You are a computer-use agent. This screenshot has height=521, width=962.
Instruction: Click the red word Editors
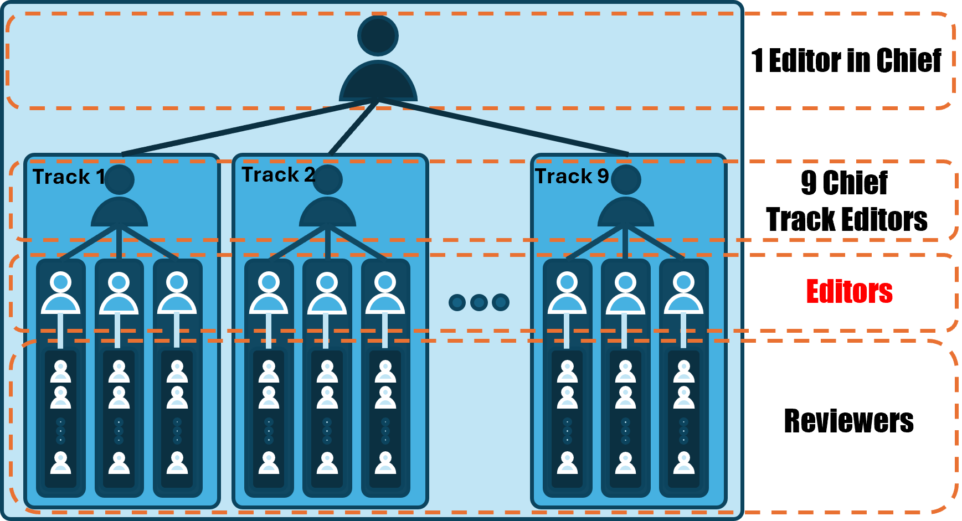tap(849, 291)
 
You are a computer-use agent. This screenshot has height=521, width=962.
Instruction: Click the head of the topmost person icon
tap(378, 36)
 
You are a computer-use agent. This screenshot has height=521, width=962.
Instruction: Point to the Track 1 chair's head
tap(119, 179)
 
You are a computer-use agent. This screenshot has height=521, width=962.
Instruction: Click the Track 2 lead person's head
tap(327, 179)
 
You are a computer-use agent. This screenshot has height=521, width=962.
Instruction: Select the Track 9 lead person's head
tap(626, 179)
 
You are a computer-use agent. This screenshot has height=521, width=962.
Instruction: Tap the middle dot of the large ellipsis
tap(479, 302)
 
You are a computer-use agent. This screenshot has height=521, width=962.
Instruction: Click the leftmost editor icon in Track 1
tap(61, 292)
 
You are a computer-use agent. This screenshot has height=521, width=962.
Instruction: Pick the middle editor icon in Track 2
tap(327, 292)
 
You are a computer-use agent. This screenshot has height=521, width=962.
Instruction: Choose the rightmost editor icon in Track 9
tap(683, 292)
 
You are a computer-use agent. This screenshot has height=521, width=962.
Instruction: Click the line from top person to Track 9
tap(504, 127)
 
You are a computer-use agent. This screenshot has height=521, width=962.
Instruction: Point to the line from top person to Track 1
tap(249, 127)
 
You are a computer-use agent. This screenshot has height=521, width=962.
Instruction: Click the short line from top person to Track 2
tap(353, 127)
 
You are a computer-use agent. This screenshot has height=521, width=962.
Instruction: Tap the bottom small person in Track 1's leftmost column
tap(61, 463)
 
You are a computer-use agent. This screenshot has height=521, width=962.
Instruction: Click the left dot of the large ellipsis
tap(457, 302)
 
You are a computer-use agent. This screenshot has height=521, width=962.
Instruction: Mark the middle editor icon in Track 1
tap(119, 292)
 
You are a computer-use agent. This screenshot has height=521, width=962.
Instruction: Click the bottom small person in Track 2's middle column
tap(327, 463)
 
